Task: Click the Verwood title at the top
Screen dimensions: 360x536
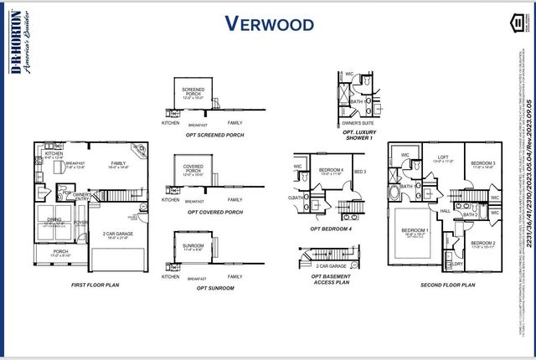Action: (270, 23)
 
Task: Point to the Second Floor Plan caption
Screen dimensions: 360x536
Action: (447, 285)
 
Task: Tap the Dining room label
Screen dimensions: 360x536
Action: (53, 221)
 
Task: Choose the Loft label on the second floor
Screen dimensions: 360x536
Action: (443, 157)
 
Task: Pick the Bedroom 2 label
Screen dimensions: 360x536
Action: (482, 244)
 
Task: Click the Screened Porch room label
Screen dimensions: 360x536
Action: (193, 91)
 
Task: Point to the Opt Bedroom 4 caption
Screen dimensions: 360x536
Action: (330, 228)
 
